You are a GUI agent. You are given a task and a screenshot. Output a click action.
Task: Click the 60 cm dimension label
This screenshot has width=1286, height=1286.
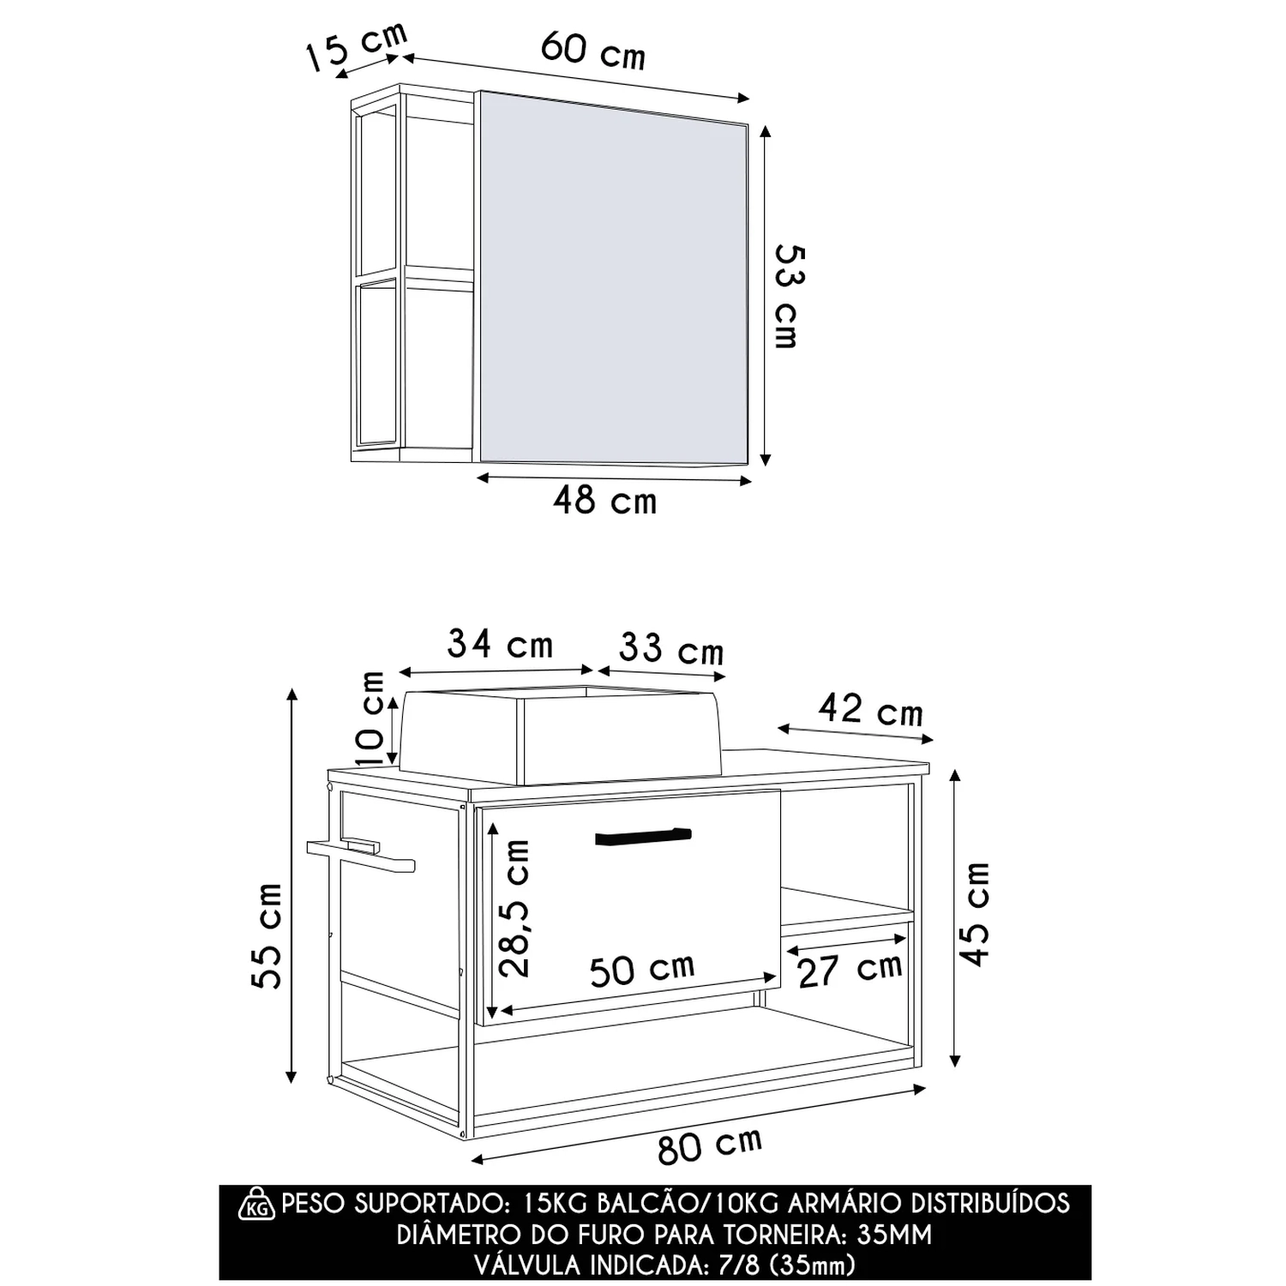click(593, 50)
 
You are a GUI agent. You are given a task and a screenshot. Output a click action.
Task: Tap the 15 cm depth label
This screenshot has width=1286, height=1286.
click(357, 48)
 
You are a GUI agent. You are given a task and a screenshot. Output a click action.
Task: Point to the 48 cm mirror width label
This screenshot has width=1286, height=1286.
click(605, 500)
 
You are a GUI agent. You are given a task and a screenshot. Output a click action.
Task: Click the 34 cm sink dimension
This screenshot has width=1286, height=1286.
click(501, 644)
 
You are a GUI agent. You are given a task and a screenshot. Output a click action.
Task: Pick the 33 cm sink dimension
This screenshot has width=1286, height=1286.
click(671, 649)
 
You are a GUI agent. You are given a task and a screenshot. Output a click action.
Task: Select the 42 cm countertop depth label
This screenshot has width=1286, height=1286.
click(870, 711)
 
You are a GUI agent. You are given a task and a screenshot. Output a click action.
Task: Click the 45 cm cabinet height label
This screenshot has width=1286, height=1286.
click(975, 915)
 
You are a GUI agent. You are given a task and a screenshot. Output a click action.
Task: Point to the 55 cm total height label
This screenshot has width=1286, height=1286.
click(267, 935)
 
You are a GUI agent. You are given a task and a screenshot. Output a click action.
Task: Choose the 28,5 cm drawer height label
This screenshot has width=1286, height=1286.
click(515, 909)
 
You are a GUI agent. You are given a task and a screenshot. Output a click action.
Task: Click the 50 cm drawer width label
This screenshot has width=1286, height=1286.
click(642, 969)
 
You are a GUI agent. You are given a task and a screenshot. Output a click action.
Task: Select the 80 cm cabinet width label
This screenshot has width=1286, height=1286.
click(710, 1145)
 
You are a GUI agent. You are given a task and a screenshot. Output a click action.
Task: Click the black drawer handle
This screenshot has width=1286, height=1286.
click(643, 836)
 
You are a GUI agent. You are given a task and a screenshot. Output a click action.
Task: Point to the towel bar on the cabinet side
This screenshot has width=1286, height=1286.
click(361, 855)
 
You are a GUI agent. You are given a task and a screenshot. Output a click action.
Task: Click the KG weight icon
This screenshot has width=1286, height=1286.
click(256, 1204)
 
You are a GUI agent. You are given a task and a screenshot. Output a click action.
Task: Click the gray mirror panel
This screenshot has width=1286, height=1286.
click(613, 279)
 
